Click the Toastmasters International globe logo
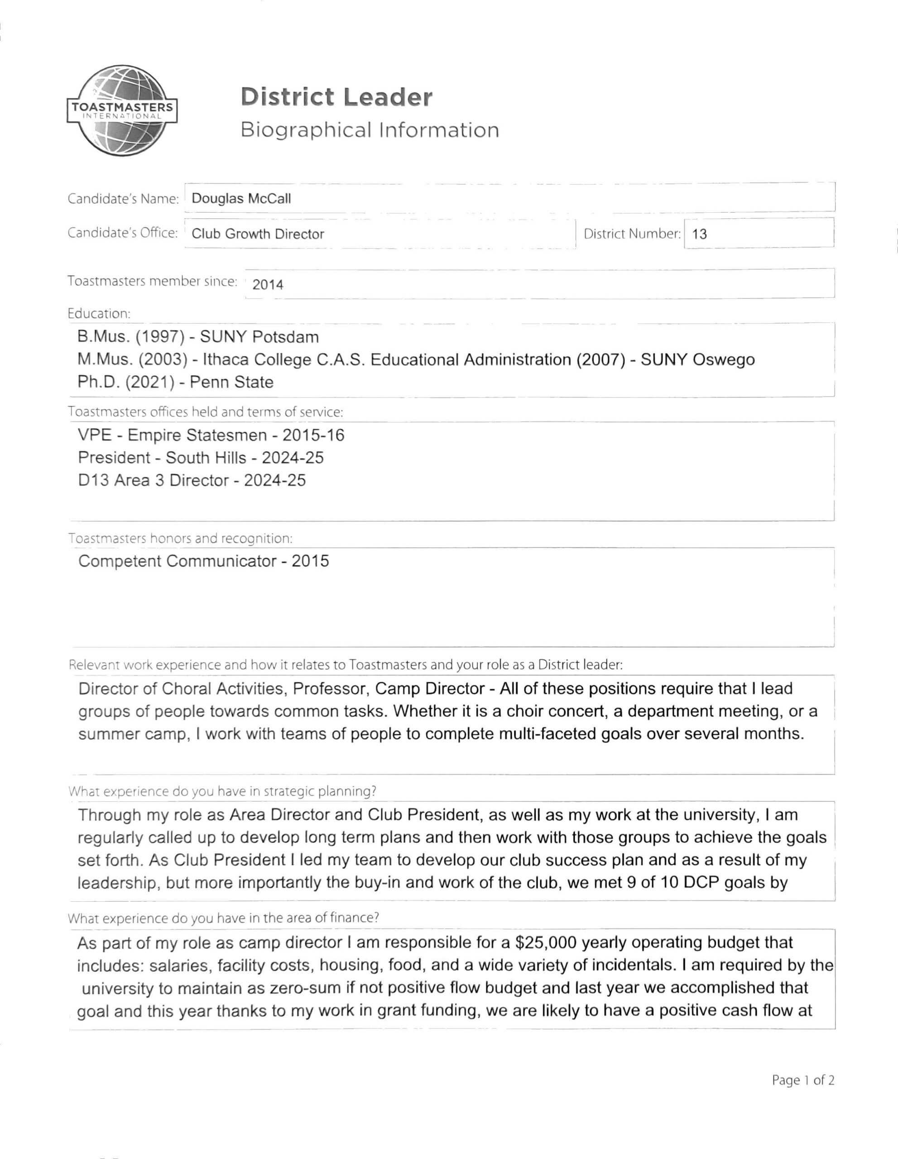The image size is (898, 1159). point(122,110)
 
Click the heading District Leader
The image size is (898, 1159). point(336,97)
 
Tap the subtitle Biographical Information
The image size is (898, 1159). point(370,130)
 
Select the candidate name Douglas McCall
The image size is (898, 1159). point(241,198)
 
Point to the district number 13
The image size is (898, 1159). point(700,234)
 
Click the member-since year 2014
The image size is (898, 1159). point(268,285)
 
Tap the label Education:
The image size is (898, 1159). point(99,314)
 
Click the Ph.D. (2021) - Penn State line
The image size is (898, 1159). point(175,382)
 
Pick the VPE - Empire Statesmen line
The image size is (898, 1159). point(211,435)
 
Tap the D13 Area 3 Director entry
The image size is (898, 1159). point(192,480)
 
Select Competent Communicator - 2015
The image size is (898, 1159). point(203,561)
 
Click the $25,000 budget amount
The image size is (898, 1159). point(546,943)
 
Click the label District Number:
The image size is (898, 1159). point(632,234)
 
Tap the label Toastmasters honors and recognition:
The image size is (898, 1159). point(180,538)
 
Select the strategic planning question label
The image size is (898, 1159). point(222,791)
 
